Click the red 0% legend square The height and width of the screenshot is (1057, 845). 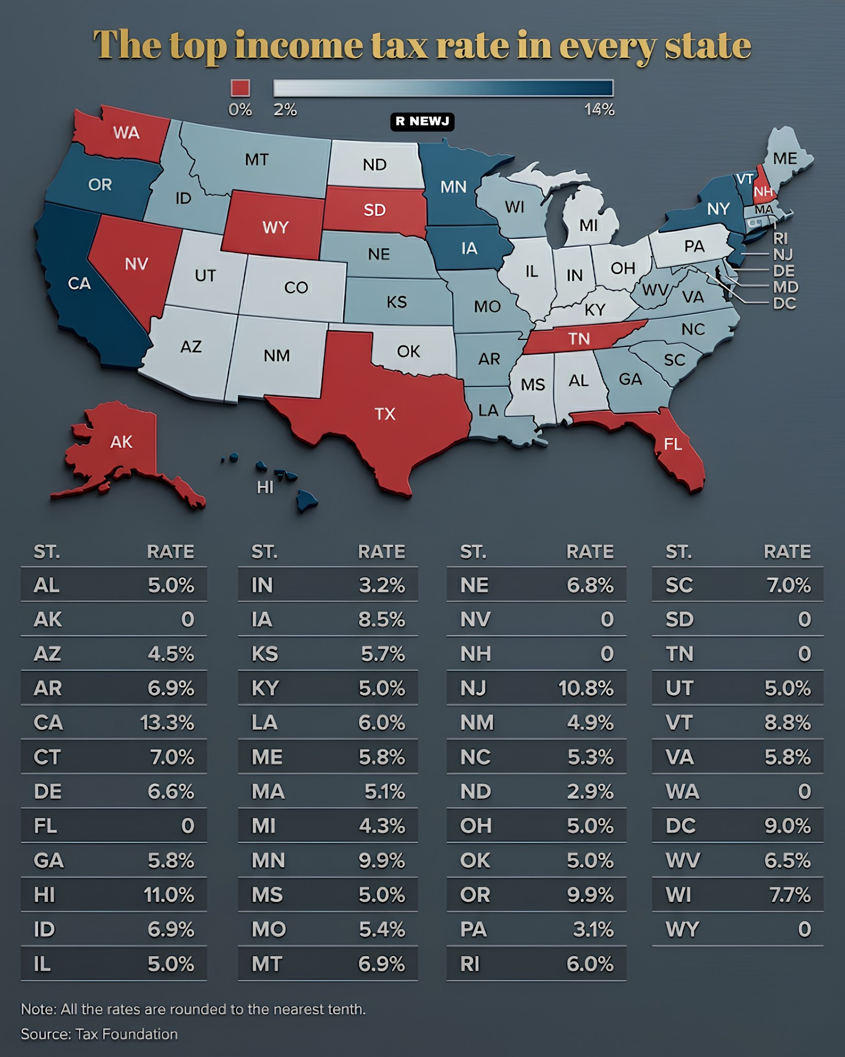click(x=240, y=88)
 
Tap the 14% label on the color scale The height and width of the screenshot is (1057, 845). click(x=599, y=109)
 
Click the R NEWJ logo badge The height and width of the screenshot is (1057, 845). click(x=422, y=121)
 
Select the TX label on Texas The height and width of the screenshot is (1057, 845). click(x=385, y=413)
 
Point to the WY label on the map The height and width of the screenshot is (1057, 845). click(x=275, y=227)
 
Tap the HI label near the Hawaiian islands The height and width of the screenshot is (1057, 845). click(x=265, y=487)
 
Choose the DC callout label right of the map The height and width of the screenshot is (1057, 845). click(x=784, y=303)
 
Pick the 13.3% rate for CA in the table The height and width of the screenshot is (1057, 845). click(x=167, y=723)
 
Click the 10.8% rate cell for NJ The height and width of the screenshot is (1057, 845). click(x=586, y=688)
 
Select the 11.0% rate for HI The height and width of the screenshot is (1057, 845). click(x=169, y=895)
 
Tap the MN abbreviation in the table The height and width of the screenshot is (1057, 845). click(x=268, y=860)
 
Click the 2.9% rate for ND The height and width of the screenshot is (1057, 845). click(x=590, y=791)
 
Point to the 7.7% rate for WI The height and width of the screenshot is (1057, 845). click(x=790, y=895)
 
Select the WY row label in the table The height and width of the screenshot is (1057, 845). click(x=682, y=930)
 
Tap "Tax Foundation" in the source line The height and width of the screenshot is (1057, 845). click(x=126, y=1034)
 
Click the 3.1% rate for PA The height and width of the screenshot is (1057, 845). click(x=593, y=930)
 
